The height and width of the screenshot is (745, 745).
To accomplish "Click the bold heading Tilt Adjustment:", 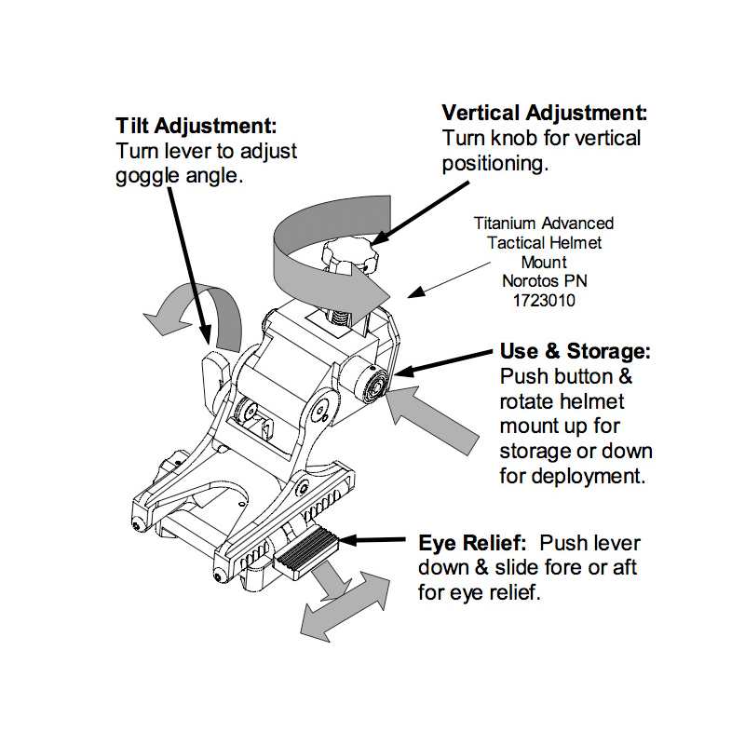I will point(196,126).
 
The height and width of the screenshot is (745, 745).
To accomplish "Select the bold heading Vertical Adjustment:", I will point(545,114).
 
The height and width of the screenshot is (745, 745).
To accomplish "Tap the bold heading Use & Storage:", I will point(575,353).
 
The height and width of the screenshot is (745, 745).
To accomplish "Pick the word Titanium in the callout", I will point(507,223).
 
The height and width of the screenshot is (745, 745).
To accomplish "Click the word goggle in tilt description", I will point(149,175).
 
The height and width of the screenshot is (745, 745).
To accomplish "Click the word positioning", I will point(496,164).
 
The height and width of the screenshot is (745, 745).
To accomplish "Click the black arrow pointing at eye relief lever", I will point(377,540).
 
